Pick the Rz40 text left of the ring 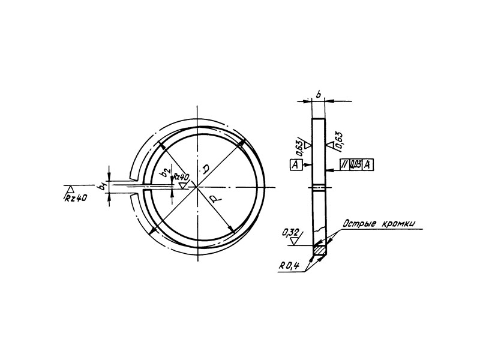[76, 199]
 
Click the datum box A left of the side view [296, 164]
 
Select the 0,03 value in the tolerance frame [356, 164]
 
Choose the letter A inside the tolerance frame [367, 164]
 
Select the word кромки [398, 224]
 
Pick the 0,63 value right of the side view [339, 140]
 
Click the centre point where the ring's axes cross [197, 187]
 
